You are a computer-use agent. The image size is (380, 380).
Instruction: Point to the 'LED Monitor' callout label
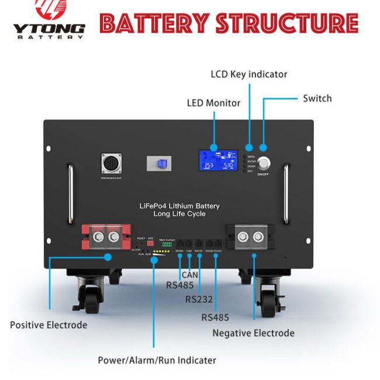[x=213, y=103]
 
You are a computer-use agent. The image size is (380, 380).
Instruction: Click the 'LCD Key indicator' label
[x=248, y=74]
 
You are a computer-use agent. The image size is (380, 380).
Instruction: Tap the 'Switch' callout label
[x=317, y=98]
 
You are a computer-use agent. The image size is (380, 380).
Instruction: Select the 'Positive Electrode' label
[x=49, y=324]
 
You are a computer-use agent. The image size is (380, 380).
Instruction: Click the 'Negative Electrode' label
[x=253, y=333]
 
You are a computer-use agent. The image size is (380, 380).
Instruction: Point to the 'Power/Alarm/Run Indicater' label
[x=157, y=360]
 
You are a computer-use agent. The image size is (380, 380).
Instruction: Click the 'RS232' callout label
[x=199, y=299]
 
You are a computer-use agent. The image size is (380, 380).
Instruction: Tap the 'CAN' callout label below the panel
[x=189, y=274]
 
